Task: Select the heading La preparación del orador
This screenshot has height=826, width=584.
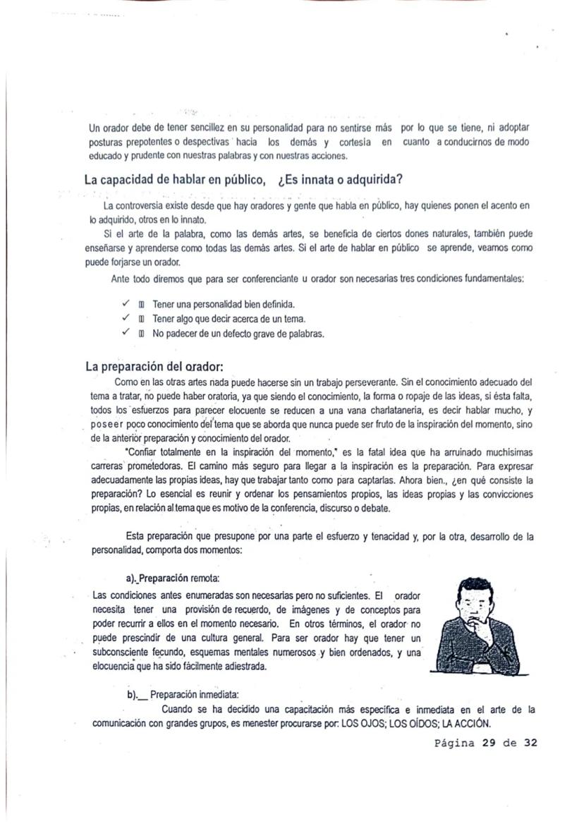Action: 154,366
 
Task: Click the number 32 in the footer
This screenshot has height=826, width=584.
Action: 530,743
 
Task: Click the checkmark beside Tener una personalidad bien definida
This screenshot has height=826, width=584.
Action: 125,304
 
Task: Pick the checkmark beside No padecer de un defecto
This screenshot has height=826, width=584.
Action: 125,334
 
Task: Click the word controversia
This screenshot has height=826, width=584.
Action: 139,206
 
